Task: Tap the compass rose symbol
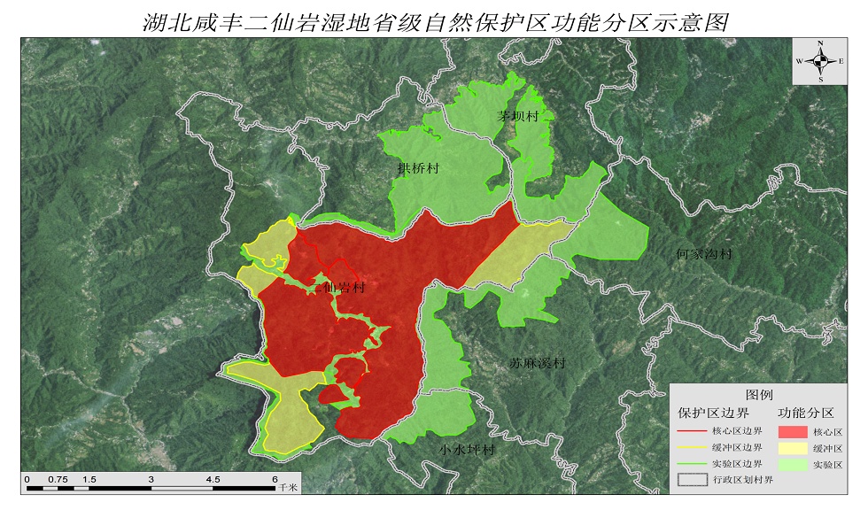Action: pyautogui.click(x=821, y=61)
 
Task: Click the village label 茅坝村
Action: pyautogui.click(x=517, y=117)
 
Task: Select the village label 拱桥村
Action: pyautogui.click(x=419, y=167)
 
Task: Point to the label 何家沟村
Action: pyautogui.click(x=704, y=254)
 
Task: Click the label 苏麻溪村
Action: pyautogui.click(x=537, y=363)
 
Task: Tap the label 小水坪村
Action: pyautogui.click(x=466, y=450)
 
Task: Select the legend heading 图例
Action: pyautogui.click(x=759, y=394)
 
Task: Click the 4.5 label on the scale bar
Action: pyautogui.click(x=213, y=479)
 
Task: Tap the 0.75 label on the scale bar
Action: pyautogui.click(x=57, y=479)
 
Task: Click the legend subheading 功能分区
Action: pyautogui.click(x=806, y=413)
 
